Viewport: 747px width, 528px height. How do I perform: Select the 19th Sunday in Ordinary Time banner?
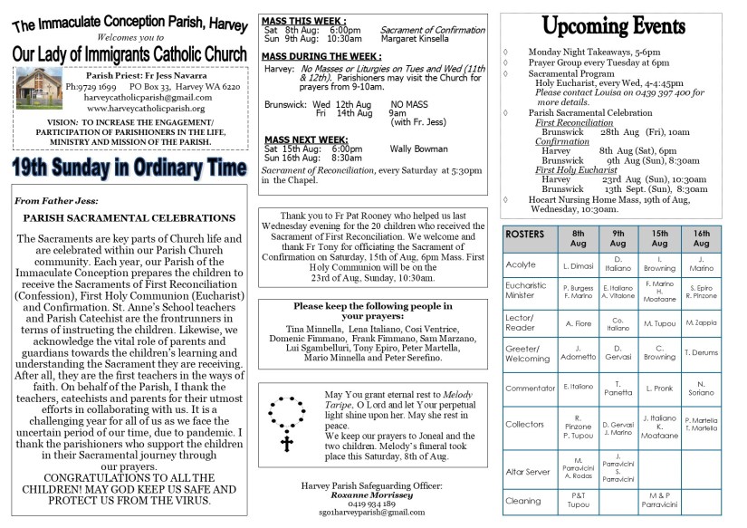(129, 168)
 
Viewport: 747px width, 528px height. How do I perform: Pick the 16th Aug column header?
(701, 238)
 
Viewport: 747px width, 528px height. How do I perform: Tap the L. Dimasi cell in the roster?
(577, 266)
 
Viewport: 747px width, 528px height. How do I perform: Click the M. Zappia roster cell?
(701, 322)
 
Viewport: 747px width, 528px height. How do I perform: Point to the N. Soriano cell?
(701, 387)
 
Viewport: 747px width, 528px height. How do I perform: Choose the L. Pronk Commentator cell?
(660, 388)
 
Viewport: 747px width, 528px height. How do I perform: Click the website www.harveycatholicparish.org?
(131, 108)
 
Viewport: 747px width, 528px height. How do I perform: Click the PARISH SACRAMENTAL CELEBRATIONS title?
(129, 218)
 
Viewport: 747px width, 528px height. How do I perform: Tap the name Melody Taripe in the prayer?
(464, 396)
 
